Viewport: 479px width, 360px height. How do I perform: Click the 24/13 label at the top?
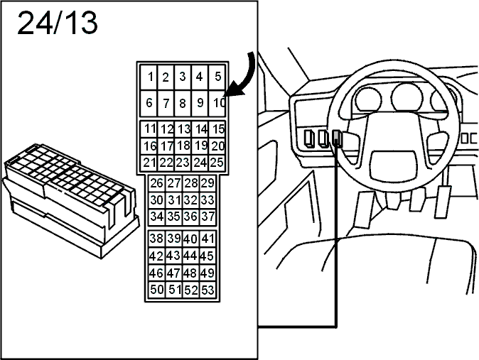tap(58, 23)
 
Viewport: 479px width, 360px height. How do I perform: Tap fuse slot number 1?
tap(149, 77)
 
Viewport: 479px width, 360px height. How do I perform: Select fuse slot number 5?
tap(217, 77)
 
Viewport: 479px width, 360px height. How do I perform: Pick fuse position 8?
tap(183, 103)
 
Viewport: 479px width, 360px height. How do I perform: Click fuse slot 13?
tap(183, 129)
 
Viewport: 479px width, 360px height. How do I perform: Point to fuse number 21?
tap(149, 163)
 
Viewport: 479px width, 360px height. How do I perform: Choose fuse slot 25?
tap(217, 163)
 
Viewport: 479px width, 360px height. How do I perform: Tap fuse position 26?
tap(157, 183)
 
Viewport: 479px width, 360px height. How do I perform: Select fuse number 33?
tap(208, 200)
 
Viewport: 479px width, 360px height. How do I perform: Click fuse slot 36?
tap(190, 217)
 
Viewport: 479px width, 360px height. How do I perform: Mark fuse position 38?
tap(157, 239)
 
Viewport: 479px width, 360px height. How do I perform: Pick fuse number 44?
tap(190, 256)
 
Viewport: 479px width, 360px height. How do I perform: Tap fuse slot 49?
tap(208, 273)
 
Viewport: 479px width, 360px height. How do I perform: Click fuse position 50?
tap(157, 290)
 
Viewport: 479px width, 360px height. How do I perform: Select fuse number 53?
tap(208, 290)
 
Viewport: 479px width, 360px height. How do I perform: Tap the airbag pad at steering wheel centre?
tap(394, 165)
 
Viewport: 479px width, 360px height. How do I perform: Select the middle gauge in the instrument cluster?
tap(407, 97)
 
